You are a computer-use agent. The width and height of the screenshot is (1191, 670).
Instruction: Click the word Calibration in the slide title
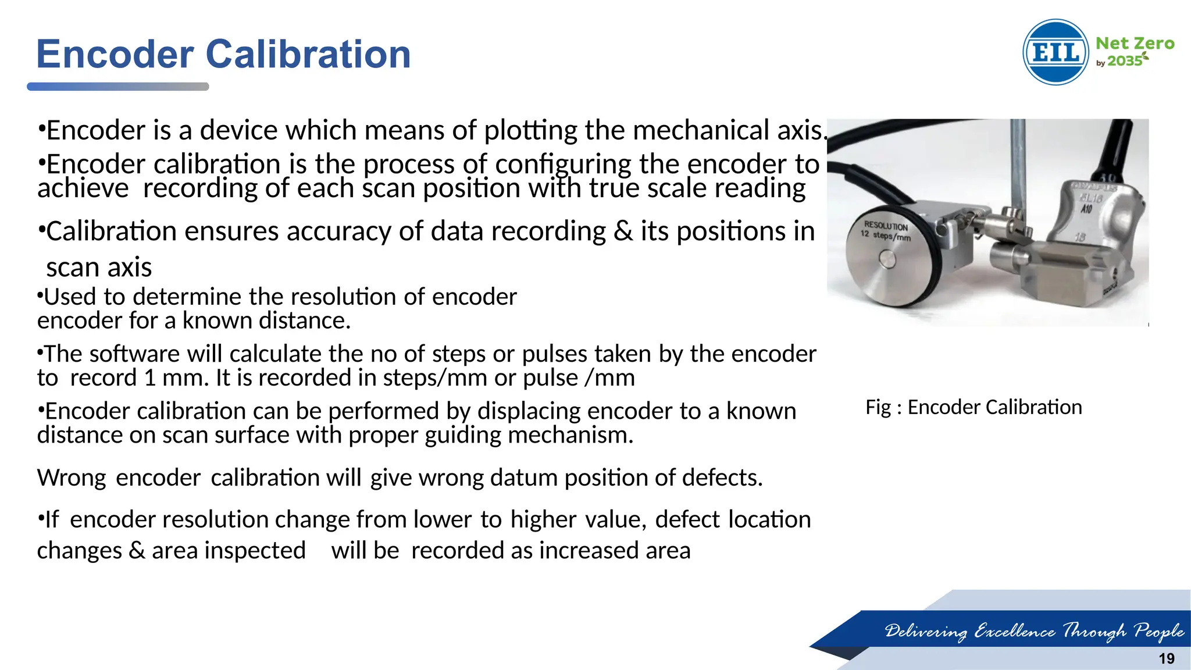click(x=308, y=54)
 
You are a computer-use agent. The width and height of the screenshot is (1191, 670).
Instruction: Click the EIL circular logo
click(x=1056, y=52)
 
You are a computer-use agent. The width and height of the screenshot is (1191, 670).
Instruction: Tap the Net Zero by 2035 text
click(x=1134, y=51)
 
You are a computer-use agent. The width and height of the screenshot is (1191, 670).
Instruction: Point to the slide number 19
click(x=1167, y=658)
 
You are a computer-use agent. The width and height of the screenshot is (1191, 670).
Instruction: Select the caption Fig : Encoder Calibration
click(x=974, y=407)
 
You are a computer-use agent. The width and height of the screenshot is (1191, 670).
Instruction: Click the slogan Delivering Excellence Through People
click(x=1034, y=630)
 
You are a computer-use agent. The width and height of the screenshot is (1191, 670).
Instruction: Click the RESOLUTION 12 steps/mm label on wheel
click(x=886, y=231)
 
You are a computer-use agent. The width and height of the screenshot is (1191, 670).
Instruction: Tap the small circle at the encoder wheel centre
click(x=887, y=259)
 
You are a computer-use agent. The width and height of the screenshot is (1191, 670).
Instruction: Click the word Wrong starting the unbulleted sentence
click(x=71, y=477)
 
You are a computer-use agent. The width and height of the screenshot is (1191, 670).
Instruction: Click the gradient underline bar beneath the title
click(x=117, y=87)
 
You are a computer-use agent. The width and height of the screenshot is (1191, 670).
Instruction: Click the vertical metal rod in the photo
click(x=1017, y=163)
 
